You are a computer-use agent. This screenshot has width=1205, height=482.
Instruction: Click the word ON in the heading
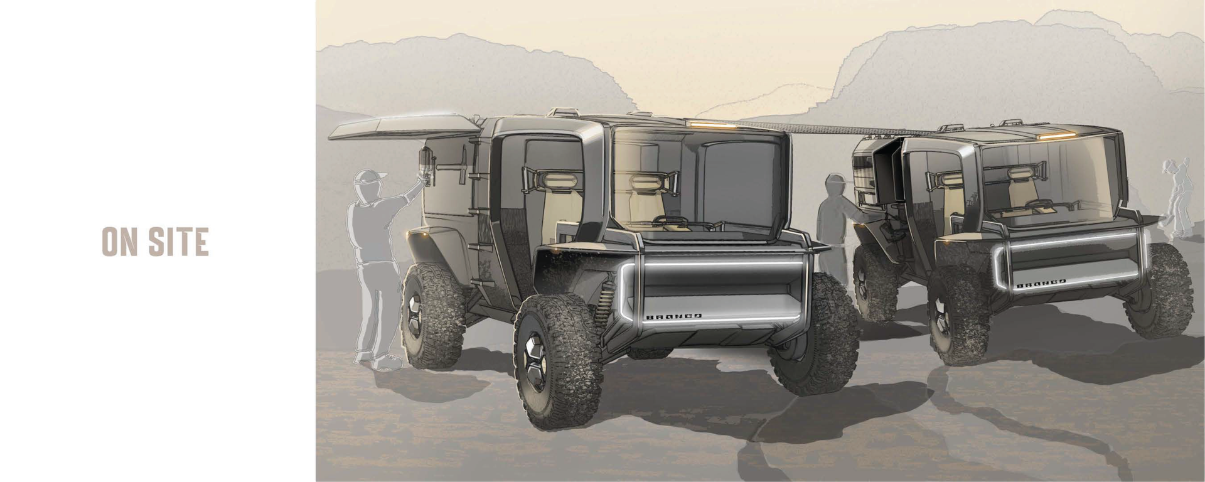point(119,242)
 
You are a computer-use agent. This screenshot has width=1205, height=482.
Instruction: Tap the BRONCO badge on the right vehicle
point(1041,284)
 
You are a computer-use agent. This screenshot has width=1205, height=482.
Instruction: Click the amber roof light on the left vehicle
point(714,125)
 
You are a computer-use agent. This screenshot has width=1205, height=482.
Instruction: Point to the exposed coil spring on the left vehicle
point(604,301)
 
